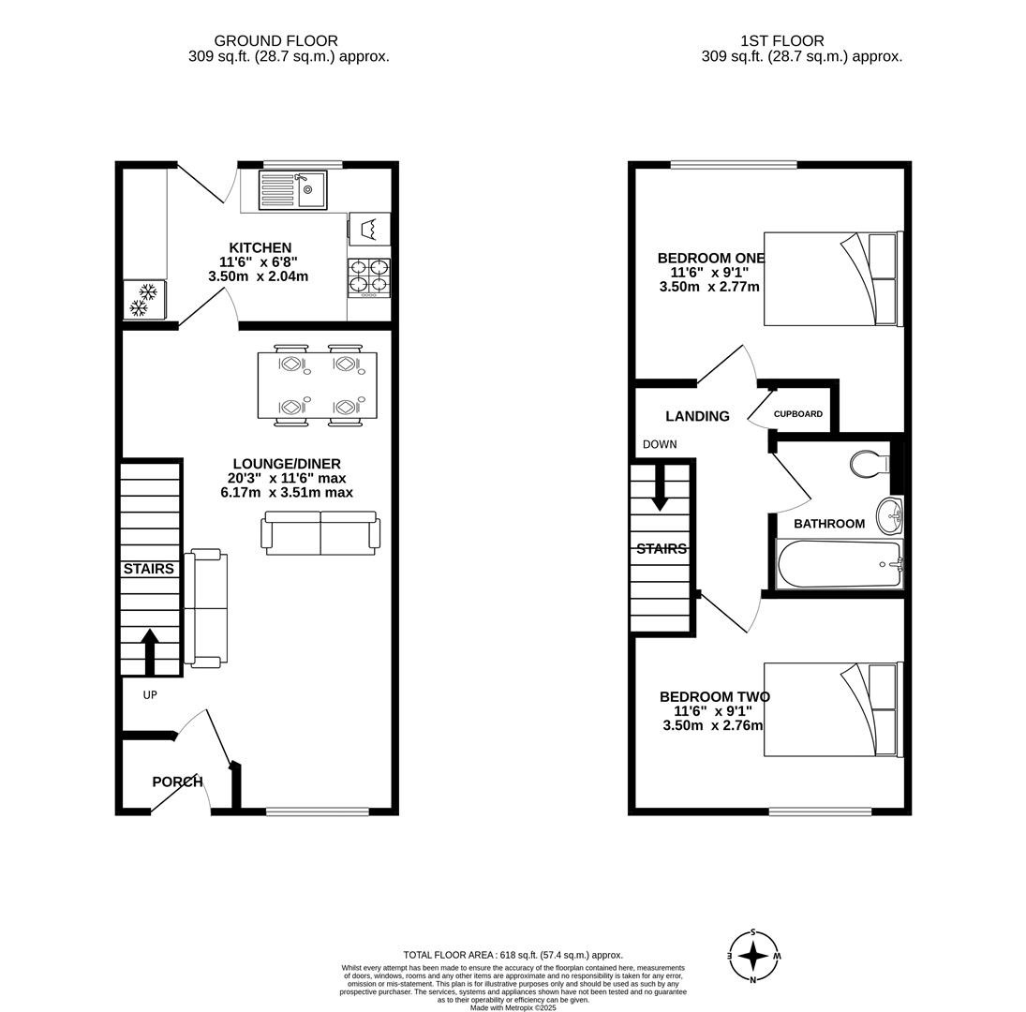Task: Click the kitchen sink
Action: pos(292,189)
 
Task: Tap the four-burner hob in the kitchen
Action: pos(369,278)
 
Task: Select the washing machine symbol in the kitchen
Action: pos(370,229)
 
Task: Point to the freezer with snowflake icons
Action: pos(144,300)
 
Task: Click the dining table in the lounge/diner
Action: pos(318,386)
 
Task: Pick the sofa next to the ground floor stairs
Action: pos(206,609)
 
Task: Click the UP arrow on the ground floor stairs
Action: pos(150,651)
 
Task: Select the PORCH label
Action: pos(177,781)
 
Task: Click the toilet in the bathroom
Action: pos(870,465)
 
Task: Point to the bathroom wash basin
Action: pos(889,514)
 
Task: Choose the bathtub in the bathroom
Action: pos(839,564)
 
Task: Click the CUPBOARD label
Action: pos(797,414)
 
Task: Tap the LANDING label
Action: pos(697,416)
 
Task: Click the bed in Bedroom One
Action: pos(834,278)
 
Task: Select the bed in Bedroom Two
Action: pos(834,709)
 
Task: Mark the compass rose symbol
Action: pos(753,956)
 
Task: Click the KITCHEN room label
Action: pos(260,248)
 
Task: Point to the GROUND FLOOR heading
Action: pos(276,41)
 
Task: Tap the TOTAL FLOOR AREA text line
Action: pos(513,955)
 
